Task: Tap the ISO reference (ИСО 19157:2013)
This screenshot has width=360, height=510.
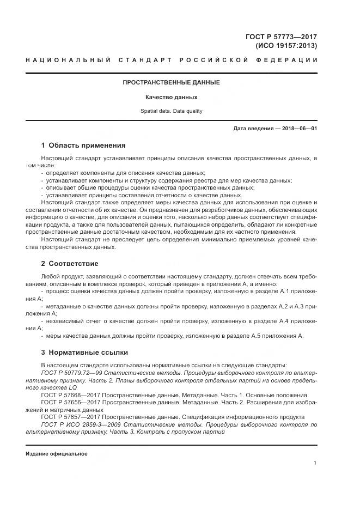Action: point(286,46)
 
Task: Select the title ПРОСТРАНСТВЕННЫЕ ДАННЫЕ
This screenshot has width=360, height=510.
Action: point(171,83)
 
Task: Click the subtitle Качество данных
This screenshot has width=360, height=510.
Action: point(171,98)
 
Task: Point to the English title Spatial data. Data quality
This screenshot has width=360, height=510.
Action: point(171,111)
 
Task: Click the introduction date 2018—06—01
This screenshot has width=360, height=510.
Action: point(298,129)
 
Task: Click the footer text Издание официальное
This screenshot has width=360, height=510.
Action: point(56,453)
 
